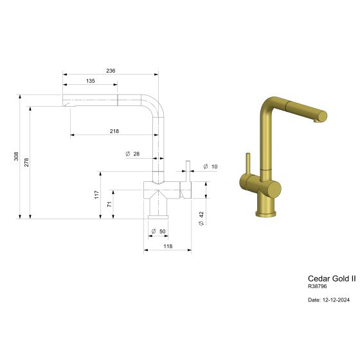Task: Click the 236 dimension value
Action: pyautogui.click(x=111, y=71)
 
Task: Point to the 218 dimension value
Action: pyautogui.click(x=114, y=131)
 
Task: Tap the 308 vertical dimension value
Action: pyautogui.click(x=17, y=157)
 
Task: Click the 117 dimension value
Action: pyautogui.click(x=97, y=194)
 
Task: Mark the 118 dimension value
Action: pyautogui.click(x=167, y=247)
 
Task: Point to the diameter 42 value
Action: pyautogui.click(x=201, y=218)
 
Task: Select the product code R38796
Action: pyautogui.click(x=318, y=286)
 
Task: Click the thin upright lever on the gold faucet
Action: pyautogui.click(x=246, y=165)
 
